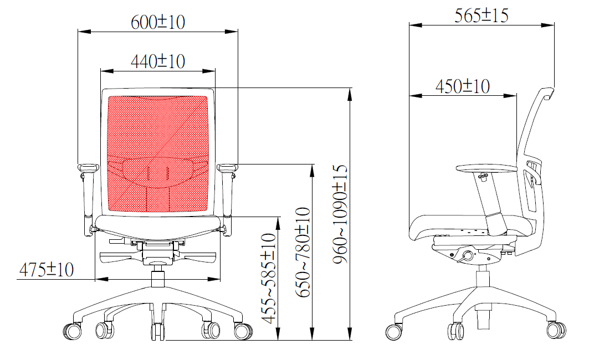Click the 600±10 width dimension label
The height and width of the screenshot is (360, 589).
click(158, 22)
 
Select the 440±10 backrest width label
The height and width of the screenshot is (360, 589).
click(158, 61)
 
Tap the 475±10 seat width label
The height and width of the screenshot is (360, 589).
click(46, 270)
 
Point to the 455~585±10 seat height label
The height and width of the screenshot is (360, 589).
click(269, 278)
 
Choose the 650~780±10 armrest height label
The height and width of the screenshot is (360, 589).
click(303, 252)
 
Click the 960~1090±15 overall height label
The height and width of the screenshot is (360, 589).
click(340, 214)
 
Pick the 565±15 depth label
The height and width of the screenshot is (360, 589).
click(481, 16)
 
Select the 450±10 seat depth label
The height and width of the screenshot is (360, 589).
click(463, 86)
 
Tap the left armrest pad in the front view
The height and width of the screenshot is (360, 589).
click(88, 168)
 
